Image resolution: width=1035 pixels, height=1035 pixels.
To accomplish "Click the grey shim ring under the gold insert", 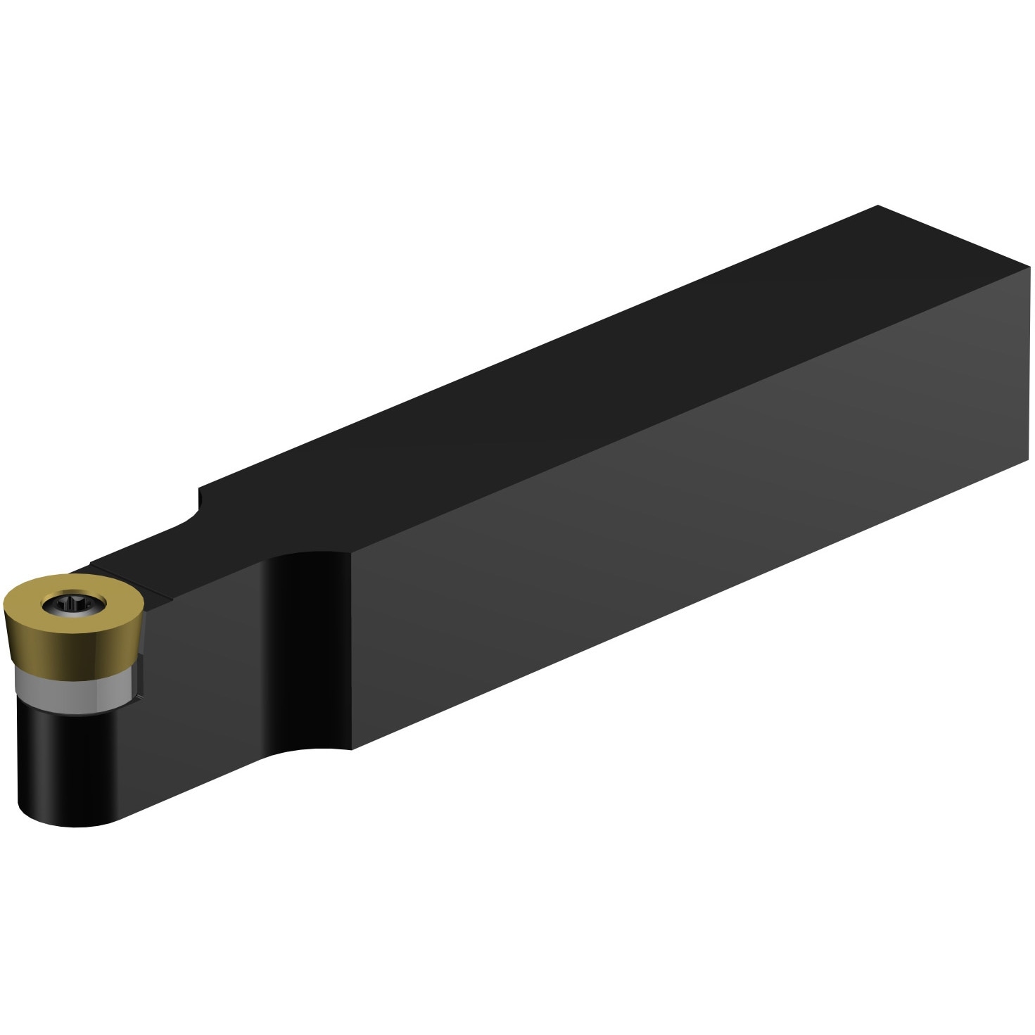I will click(70, 688).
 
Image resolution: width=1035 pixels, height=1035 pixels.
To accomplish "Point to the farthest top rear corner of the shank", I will click(878, 205).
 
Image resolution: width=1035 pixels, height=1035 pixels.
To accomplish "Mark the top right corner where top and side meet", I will click(1029, 267).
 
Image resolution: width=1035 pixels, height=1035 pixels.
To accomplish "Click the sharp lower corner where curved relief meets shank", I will click(351, 749).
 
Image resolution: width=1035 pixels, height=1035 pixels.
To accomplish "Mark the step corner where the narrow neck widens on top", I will click(200, 487).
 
